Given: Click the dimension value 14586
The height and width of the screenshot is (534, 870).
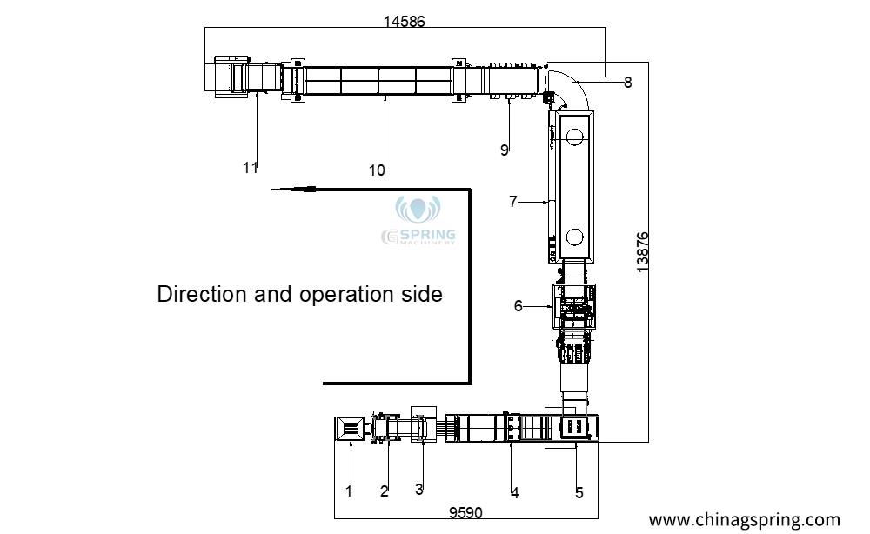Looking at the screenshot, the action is [404, 21].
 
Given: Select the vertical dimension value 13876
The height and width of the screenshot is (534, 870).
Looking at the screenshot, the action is [642, 252].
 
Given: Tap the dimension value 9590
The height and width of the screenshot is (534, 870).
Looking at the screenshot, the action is [465, 513].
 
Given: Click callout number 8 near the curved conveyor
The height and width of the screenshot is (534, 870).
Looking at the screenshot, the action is [627, 83].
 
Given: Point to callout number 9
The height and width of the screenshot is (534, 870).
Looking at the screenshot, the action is [504, 150].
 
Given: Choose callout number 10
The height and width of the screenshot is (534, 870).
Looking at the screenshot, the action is [377, 170].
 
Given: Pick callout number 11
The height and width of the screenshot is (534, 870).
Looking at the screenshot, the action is [251, 168].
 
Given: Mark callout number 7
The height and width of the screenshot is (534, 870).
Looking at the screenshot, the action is [513, 201].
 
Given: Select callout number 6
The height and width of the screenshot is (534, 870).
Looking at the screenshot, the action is [519, 306].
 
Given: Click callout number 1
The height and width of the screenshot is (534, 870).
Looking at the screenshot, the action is [349, 491].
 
